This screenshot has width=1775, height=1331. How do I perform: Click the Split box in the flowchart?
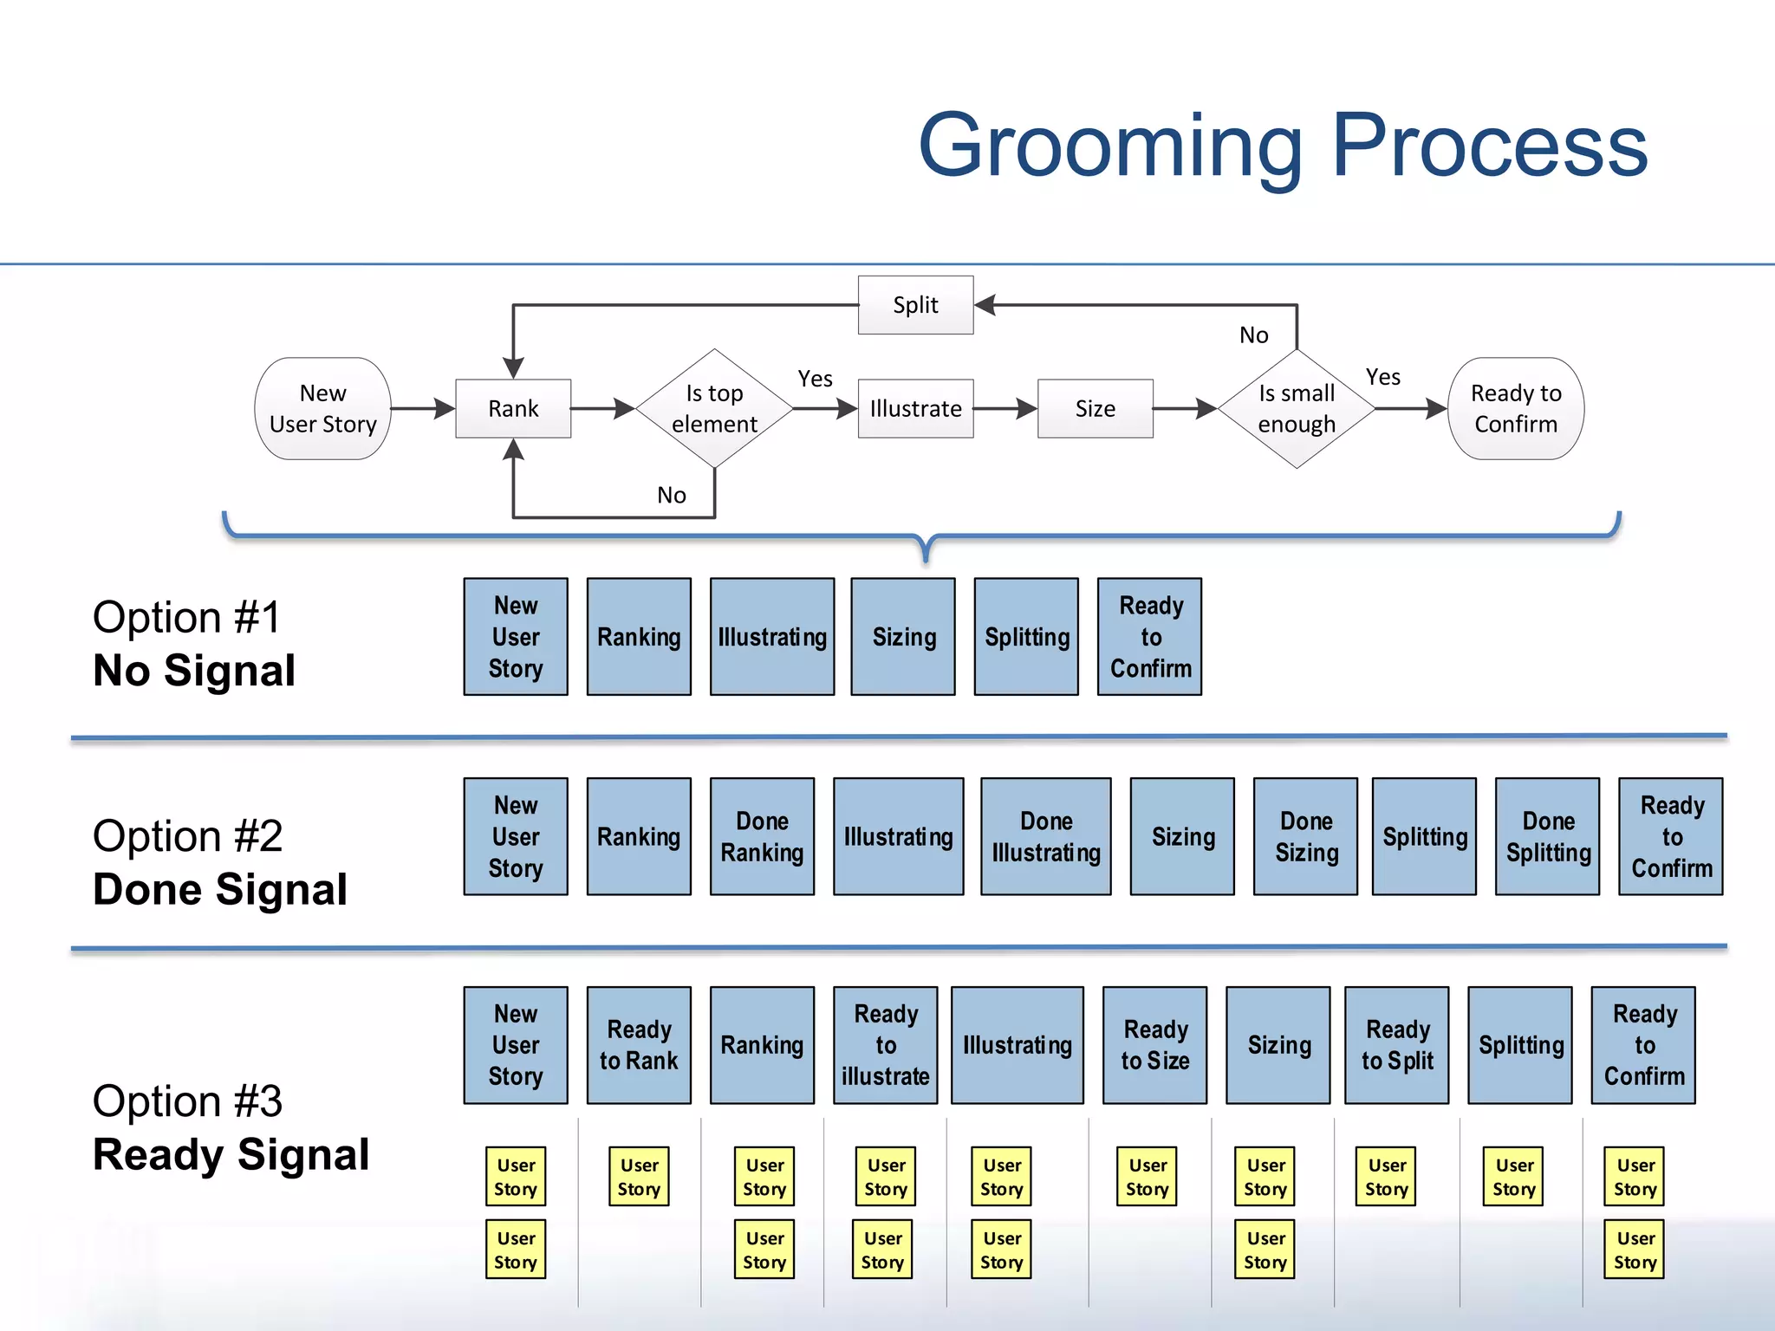click(x=915, y=305)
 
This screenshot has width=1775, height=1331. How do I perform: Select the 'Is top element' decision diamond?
click(x=714, y=408)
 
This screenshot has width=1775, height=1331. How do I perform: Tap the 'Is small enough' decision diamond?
click(x=1297, y=408)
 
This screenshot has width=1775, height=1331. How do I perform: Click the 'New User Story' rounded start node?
click(x=322, y=408)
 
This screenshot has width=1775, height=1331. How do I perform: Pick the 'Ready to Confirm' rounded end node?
click(x=1516, y=408)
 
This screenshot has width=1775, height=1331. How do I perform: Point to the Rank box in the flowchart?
click(x=513, y=408)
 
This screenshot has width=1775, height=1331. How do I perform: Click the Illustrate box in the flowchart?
click(x=915, y=408)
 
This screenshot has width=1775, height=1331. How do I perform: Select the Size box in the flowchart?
click(x=1095, y=408)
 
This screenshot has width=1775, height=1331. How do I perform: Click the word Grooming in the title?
click(x=1110, y=146)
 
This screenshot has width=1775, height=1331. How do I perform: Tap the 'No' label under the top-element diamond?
click(x=672, y=495)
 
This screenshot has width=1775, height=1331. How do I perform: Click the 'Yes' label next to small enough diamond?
click(x=1382, y=377)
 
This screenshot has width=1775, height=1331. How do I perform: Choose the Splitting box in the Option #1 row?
click(x=1026, y=637)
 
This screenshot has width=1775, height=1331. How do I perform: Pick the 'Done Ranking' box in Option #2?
click(x=762, y=836)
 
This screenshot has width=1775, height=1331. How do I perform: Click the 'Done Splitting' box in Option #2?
click(x=1547, y=836)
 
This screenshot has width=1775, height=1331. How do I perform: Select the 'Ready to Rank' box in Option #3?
click(x=639, y=1045)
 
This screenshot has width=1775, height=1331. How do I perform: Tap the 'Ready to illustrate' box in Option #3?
click(x=885, y=1045)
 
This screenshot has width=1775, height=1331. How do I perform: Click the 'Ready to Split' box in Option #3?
click(x=1396, y=1045)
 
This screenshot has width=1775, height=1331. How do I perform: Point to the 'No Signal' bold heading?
click(x=194, y=671)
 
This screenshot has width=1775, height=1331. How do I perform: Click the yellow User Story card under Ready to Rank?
click(x=639, y=1177)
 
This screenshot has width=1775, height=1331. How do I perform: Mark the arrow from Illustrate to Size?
click(x=1005, y=408)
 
